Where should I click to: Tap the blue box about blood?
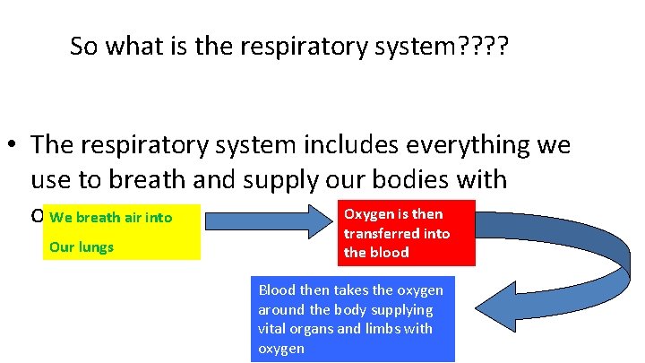coord(352,318)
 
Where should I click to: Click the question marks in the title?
coord(484,47)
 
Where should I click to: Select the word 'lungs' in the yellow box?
coord(94,246)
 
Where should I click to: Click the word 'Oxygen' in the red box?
coord(367,214)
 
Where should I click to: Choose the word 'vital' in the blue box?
coord(273,329)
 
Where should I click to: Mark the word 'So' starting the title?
coord(85,47)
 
